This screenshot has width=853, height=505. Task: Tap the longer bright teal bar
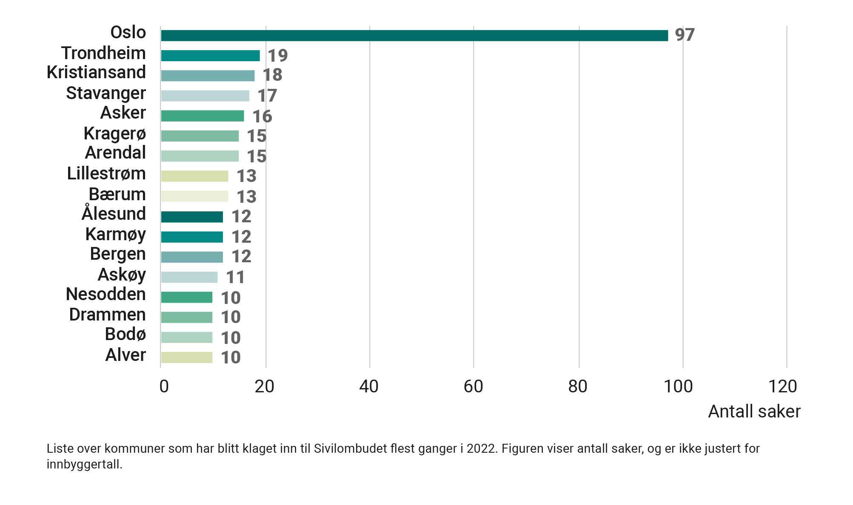pos(211,55)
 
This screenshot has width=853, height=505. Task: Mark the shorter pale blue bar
pos(192,277)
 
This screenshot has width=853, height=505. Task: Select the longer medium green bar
pos(205,116)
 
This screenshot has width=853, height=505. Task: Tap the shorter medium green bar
pos(189,298)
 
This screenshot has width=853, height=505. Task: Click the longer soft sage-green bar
pos(203,136)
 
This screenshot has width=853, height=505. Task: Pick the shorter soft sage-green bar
pos(189,318)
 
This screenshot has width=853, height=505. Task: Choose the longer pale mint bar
pos(203,156)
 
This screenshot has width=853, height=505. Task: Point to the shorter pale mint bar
pos(189,338)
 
